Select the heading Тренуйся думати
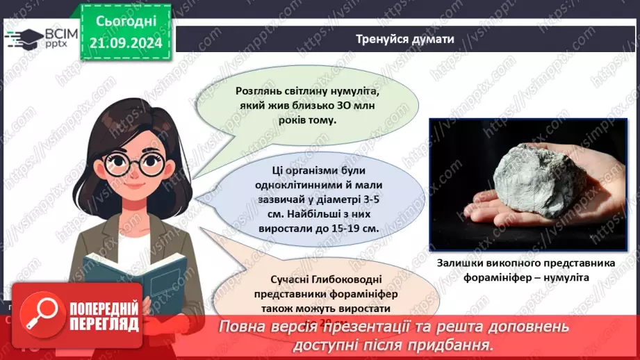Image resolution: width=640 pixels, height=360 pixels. [x=405, y=39]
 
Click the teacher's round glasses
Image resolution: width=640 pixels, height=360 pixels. [x=138, y=165]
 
